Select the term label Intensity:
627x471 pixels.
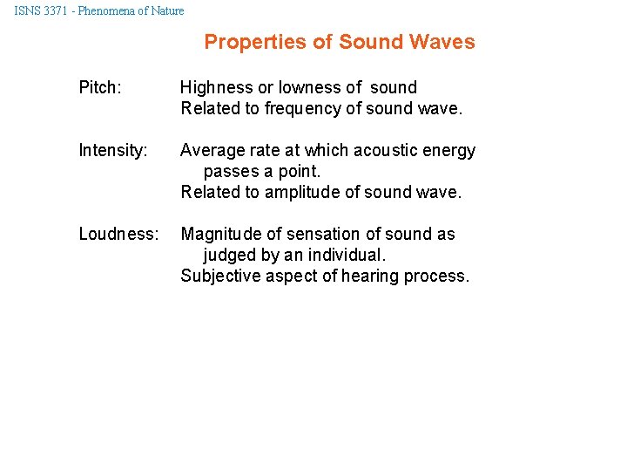113,151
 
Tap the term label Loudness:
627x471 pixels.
118,235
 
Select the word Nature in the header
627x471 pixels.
166,11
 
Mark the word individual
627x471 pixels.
348,256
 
